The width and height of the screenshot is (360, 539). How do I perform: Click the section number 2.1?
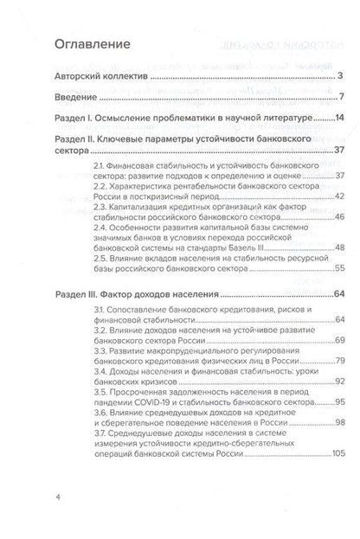[x=100, y=165]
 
